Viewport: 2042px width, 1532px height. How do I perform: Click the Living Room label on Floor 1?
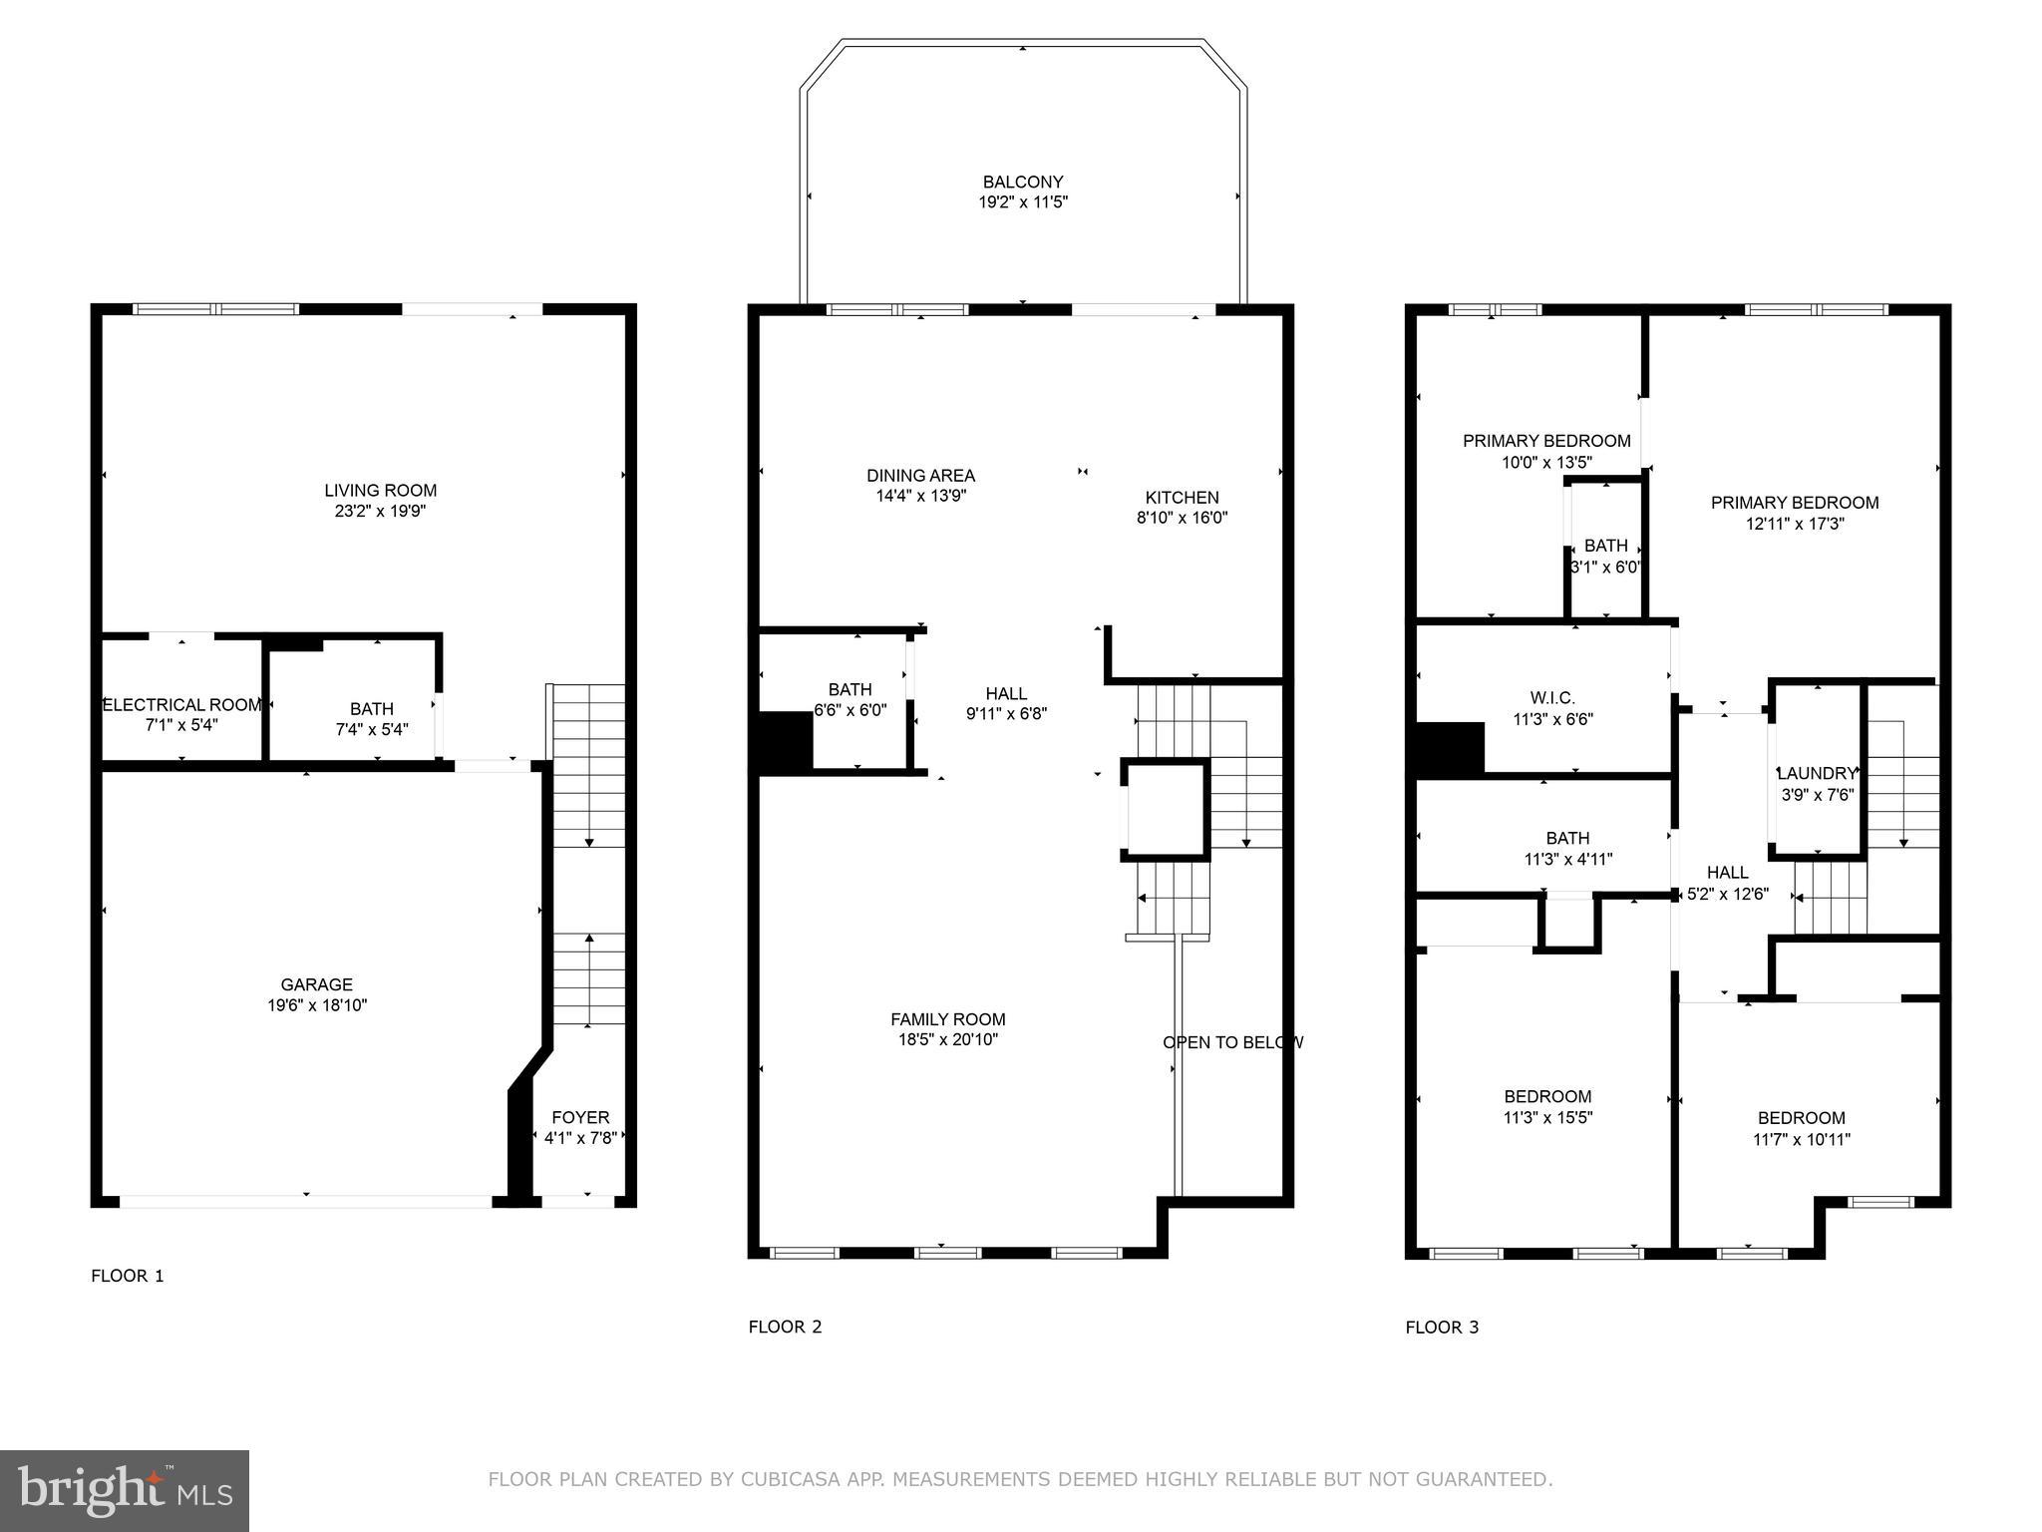[380, 490]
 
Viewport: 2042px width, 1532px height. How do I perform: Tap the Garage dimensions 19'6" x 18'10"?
[317, 1005]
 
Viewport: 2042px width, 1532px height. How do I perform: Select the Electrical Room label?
[182, 704]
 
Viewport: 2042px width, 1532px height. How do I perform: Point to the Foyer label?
[580, 1117]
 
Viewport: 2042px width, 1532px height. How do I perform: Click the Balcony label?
[1023, 182]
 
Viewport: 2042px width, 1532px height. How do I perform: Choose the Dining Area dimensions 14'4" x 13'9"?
[920, 496]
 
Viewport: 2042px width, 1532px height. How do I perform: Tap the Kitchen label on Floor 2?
[1182, 497]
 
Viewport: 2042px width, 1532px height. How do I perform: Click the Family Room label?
[947, 1018]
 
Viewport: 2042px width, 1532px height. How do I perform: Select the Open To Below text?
[1232, 1042]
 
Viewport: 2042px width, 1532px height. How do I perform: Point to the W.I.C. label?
[1552, 697]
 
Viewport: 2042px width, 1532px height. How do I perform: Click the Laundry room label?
[1817, 773]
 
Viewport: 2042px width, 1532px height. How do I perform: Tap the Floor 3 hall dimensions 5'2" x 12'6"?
[1727, 895]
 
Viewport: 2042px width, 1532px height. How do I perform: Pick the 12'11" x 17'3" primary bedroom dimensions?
[1795, 524]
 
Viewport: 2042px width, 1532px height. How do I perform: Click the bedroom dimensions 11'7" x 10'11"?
[1801, 1139]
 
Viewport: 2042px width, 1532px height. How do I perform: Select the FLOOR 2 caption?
[785, 1327]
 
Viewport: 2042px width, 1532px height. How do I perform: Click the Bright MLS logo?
[125, 1491]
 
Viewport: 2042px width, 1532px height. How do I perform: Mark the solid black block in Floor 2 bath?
[786, 742]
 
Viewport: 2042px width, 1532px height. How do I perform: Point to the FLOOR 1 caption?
[127, 1276]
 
